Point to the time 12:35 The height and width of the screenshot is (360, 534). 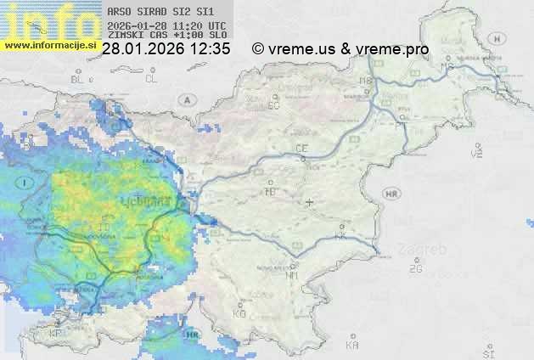[x=211, y=49]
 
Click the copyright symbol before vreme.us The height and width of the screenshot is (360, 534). [x=257, y=49]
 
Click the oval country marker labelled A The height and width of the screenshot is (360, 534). [x=186, y=99]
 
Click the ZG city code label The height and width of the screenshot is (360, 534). [x=415, y=269]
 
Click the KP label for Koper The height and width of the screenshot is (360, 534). [x=56, y=334]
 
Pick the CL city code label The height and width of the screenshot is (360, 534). [x=152, y=79]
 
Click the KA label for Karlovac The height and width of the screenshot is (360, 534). [x=352, y=346]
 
